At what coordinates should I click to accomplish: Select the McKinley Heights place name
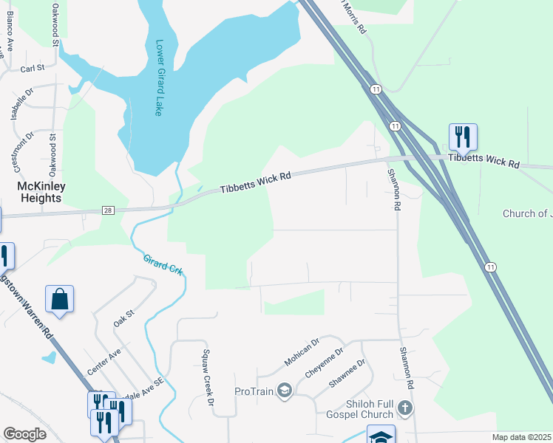point(40,192)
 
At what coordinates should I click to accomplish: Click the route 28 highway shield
point(108,211)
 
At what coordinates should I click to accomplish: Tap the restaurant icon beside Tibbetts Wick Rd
point(463,137)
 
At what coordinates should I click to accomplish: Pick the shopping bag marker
point(59,299)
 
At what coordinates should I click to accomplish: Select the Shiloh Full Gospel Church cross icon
point(404,407)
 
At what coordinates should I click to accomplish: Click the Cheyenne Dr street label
point(325,363)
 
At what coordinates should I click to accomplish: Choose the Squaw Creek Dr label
point(208,377)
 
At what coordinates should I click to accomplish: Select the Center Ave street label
point(104,360)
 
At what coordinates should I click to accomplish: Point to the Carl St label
point(33,68)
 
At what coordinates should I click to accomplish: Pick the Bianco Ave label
point(10,33)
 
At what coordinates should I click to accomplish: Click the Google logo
point(24,434)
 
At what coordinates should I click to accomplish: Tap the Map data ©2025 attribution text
point(521,437)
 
